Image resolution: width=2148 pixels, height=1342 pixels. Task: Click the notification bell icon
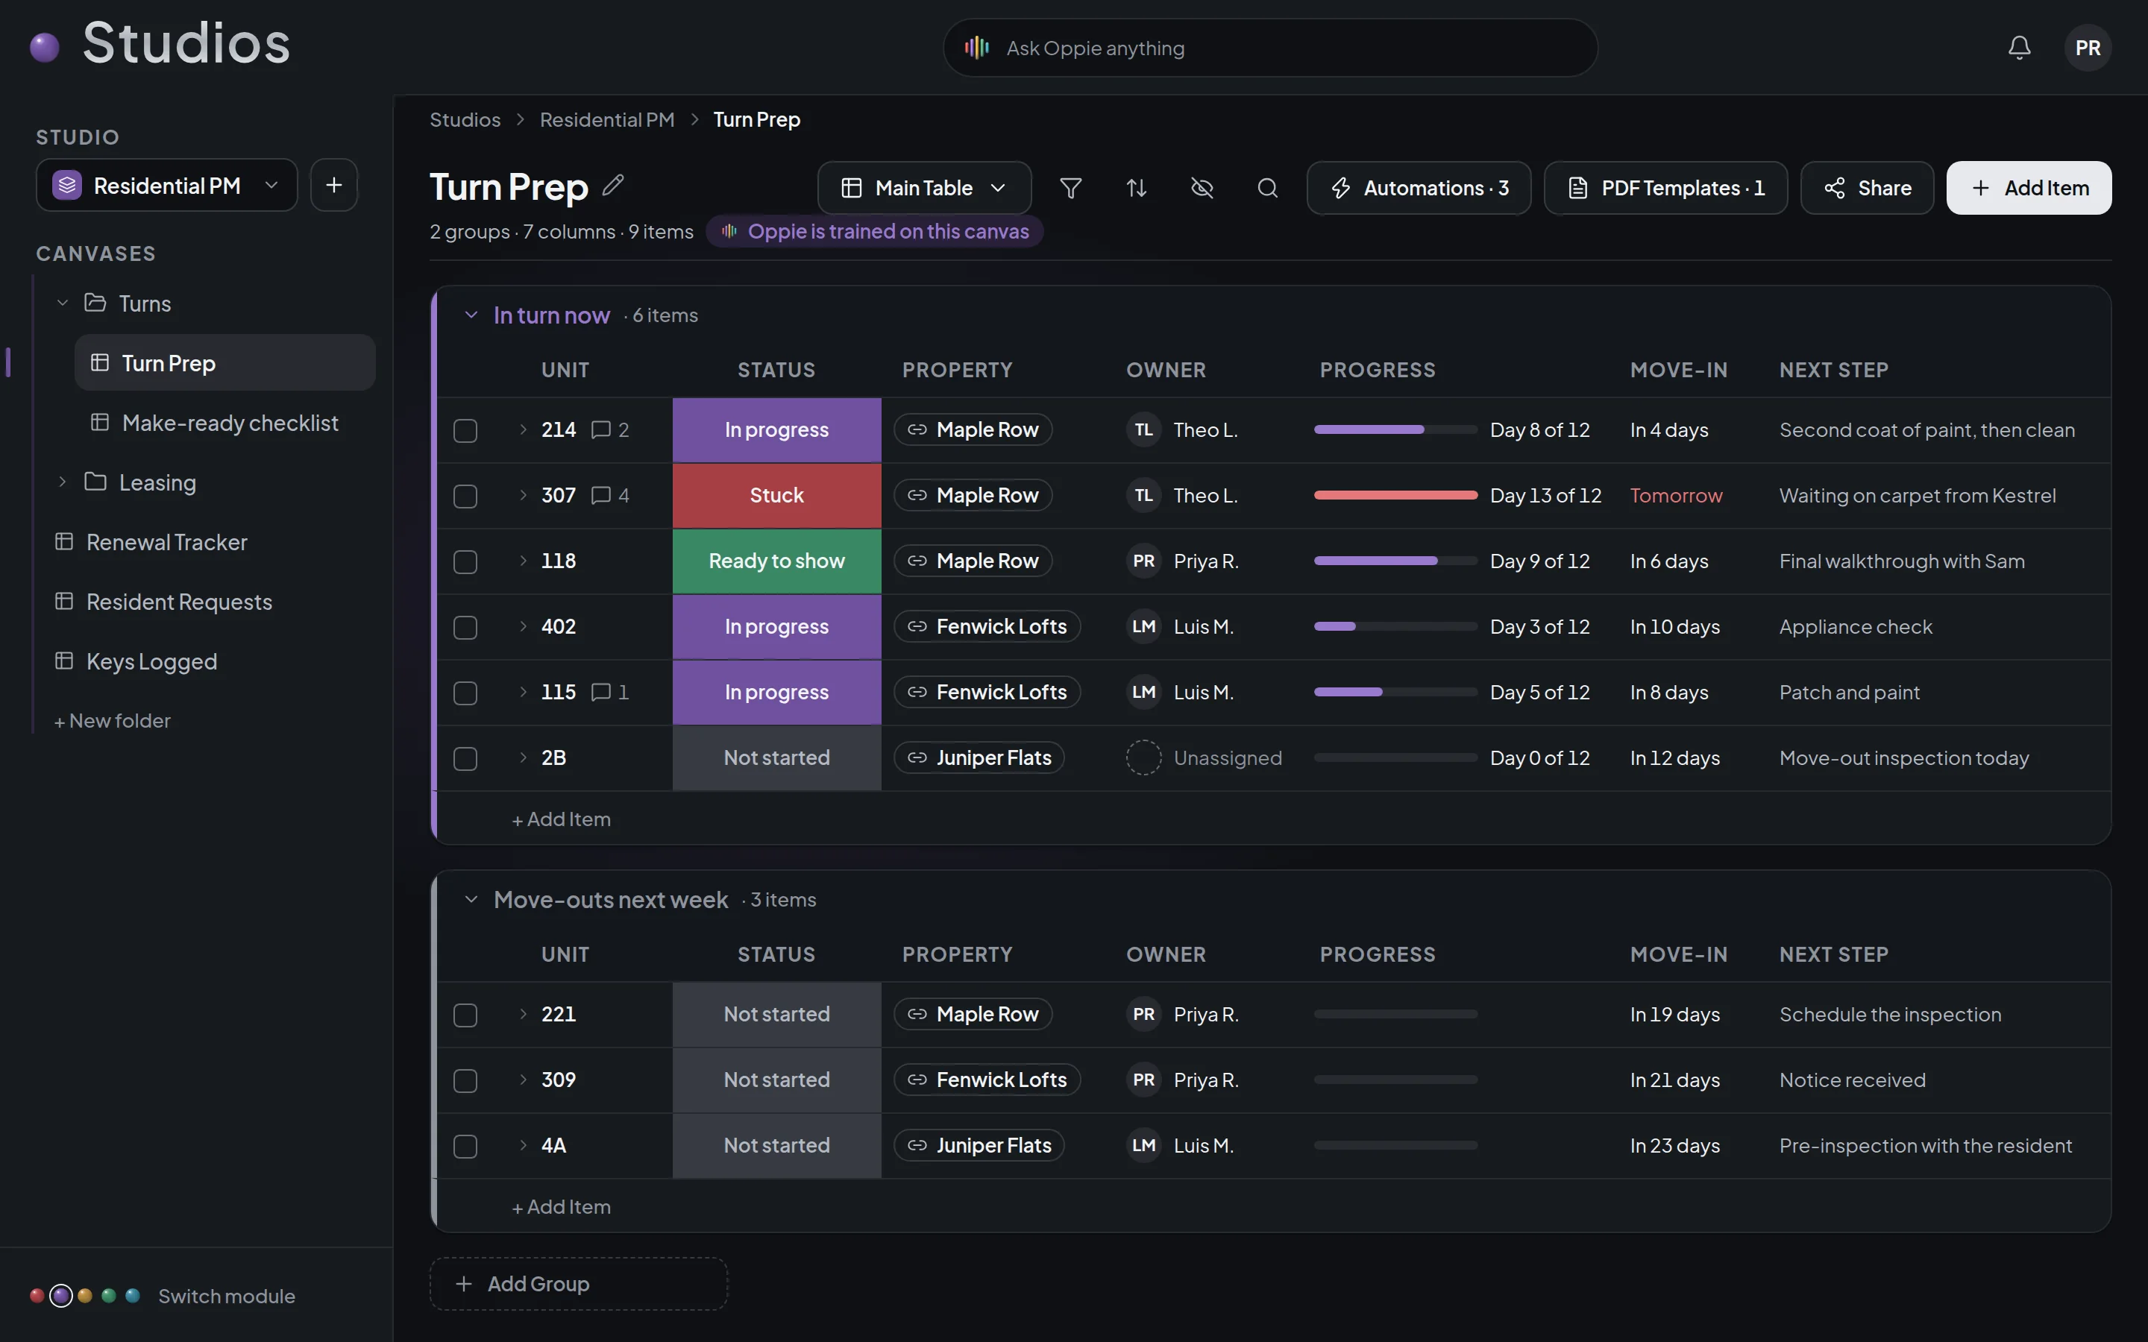tap(2019, 48)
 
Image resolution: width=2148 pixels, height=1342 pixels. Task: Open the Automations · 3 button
tap(1419, 188)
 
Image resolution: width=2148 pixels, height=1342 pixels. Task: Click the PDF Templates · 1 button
tap(1665, 188)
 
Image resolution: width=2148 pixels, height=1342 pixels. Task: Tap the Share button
tap(1867, 188)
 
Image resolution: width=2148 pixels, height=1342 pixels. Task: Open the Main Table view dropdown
tap(924, 188)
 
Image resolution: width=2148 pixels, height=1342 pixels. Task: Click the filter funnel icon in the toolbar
tap(1070, 188)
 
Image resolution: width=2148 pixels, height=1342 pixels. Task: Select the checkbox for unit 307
tap(465, 496)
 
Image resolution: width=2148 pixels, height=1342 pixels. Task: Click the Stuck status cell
tap(776, 495)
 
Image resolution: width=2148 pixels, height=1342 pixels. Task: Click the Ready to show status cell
tap(776, 561)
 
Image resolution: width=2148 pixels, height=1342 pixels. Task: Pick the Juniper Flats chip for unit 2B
tap(979, 758)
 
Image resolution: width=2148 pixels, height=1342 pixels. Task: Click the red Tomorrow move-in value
tap(1676, 495)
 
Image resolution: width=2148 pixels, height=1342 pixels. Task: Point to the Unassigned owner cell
tap(1205, 758)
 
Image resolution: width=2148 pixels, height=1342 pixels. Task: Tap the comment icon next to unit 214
tap(601, 430)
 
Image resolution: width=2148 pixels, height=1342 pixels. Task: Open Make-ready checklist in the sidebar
tap(230, 423)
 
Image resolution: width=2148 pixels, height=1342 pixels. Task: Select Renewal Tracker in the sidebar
tap(167, 542)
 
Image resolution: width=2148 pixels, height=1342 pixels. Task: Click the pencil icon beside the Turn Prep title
tap(613, 186)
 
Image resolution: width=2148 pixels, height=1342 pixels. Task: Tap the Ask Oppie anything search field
tap(1270, 48)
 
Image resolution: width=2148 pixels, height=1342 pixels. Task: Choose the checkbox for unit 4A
tap(465, 1147)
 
